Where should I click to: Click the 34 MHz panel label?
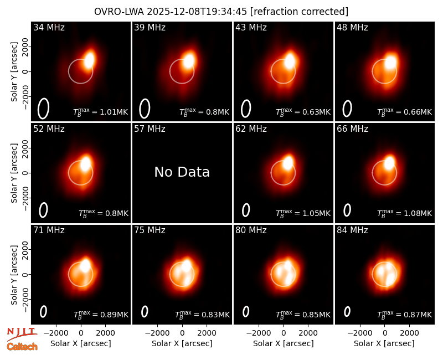(x=49, y=27)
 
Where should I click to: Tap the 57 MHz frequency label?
(x=150, y=129)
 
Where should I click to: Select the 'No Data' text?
(x=182, y=172)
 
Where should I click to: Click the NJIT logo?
(x=22, y=334)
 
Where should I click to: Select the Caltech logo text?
(x=22, y=347)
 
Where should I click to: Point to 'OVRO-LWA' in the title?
(x=119, y=12)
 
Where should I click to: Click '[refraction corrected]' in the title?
(x=299, y=12)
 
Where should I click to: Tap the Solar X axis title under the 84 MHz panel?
(x=384, y=343)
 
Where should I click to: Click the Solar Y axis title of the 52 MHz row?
(x=14, y=173)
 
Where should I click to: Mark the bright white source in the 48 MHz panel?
(x=391, y=63)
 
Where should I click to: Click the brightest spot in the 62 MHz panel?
(x=288, y=163)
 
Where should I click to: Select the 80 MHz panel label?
(x=251, y=230)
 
